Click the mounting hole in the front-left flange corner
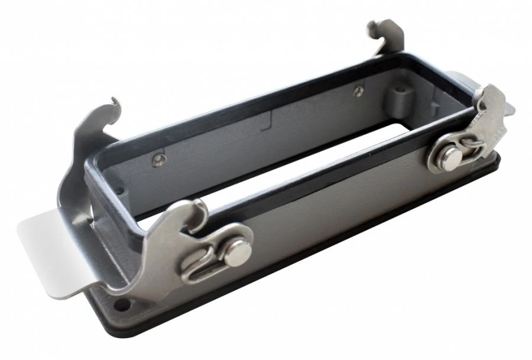click(x=123, y=306)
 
